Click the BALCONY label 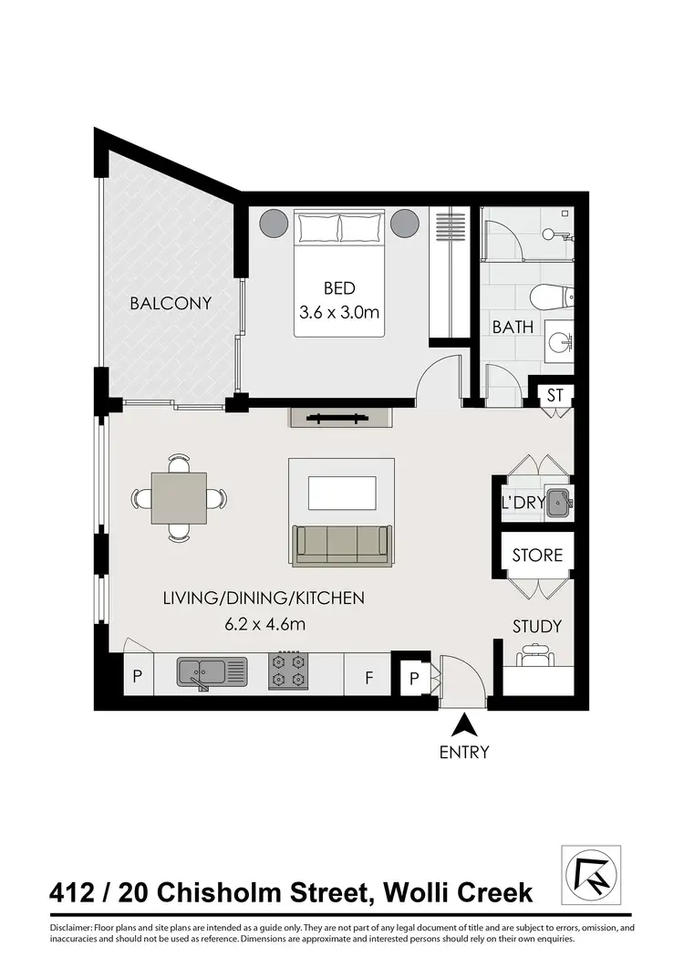[x=171, y=303]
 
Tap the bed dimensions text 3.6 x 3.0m [x=338, y=312]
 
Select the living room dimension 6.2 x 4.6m [x=264, y=624]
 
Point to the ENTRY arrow [x=465, y=726]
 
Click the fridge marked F [x=368, y=678]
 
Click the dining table [x=179, y=498]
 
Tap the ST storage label [x=554, y=396]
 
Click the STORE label [x=537, y=555]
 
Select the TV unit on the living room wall [x=340, y=419]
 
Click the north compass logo [x=590, y=874]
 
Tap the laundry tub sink [x=558, y=503]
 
